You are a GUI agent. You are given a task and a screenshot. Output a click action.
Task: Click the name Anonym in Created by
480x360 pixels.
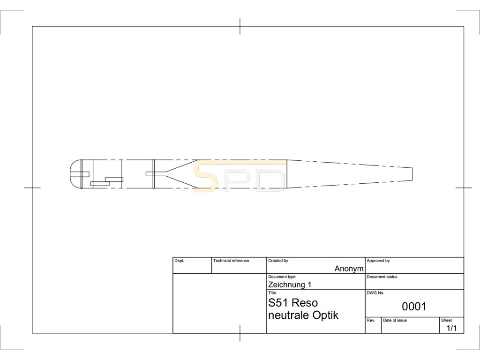pos(349,269)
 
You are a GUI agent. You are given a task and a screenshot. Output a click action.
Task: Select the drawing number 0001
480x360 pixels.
pos(414,306)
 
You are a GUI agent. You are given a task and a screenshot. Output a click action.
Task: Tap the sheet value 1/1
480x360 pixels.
pos(451,328)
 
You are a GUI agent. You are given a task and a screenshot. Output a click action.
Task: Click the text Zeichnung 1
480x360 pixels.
pos(290,285)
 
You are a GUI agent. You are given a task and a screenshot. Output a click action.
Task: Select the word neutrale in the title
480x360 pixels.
pos(289,315)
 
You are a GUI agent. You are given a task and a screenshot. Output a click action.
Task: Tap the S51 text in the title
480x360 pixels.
pos(278,303)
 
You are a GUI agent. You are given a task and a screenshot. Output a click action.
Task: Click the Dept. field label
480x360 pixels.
pos(180,261)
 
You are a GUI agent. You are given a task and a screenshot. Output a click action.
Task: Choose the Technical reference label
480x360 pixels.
pos(231,261)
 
